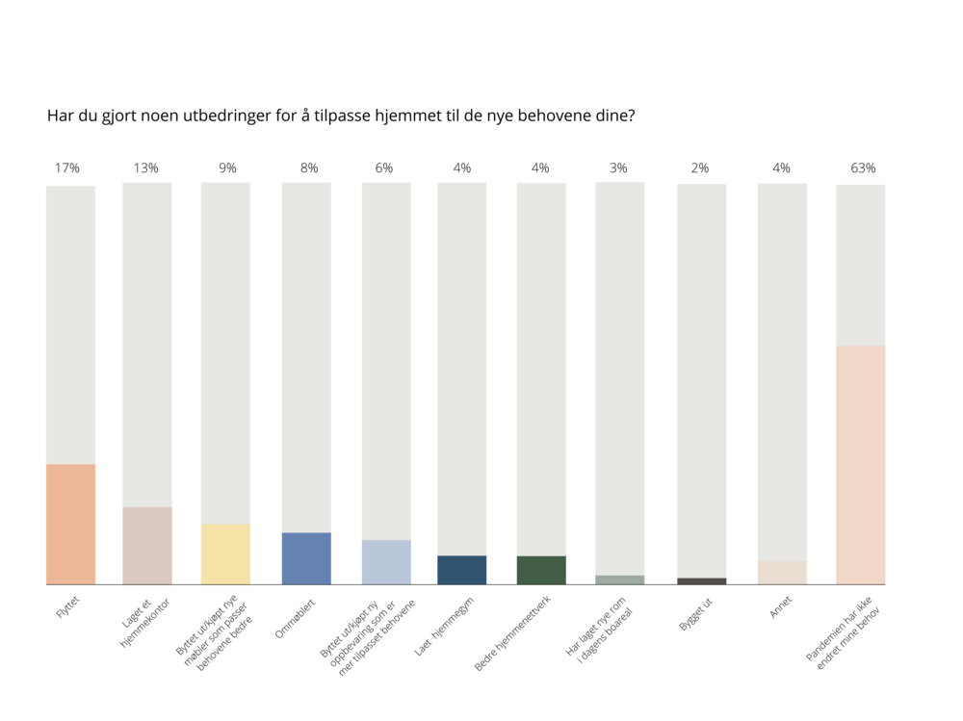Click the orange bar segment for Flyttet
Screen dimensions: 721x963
pos(70,524)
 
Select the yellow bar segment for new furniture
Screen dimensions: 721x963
pos(225,554)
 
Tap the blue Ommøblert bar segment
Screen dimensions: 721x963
pos(306,558)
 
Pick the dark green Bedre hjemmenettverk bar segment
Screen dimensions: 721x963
pos(541,570)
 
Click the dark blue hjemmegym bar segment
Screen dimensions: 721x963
pos(461,570)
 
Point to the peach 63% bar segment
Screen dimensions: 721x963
pos(860,465)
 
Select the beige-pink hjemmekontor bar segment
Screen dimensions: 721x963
pos(147,545)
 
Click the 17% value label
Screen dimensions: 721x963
pos(66,168)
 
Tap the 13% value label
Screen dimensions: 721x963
pos(145,168)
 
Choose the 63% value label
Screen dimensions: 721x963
pos(863,168)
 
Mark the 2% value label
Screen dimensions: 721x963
pos(700,168)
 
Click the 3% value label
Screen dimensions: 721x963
pos(618,168)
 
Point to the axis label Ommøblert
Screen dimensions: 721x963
pos(293,616)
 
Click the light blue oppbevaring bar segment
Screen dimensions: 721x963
pos(386,562)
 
